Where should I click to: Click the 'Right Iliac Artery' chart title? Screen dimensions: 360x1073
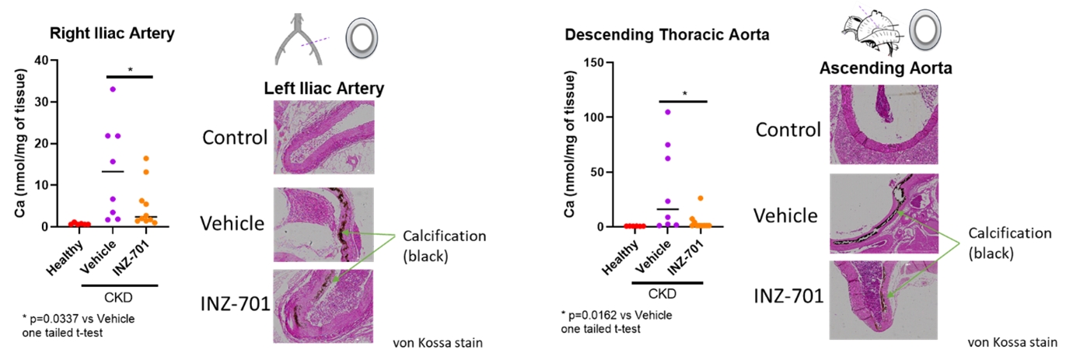(x=110, y=33)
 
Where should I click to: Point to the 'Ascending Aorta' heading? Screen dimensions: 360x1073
(x=886, y=68)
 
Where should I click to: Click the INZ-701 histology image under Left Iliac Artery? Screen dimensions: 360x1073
(x=323, y=306)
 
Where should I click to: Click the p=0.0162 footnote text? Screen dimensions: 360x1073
(x=616, y=315)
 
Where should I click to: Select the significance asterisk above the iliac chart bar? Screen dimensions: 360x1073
(x=130, y=70)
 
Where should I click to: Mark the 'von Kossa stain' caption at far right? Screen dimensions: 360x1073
(x=1012, y=342)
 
